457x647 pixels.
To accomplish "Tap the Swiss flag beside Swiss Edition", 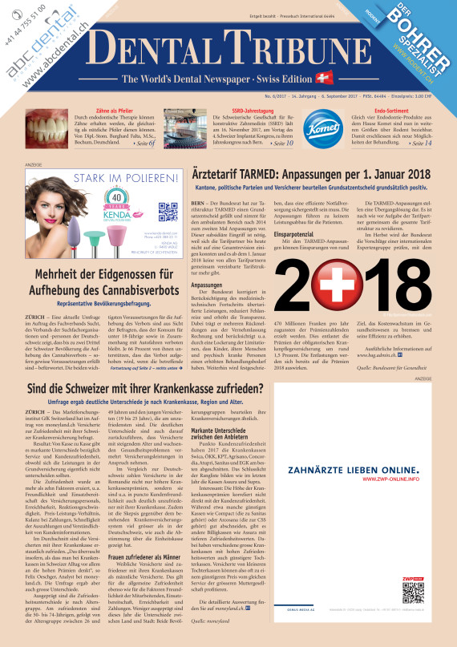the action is click(x=324, y=78).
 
